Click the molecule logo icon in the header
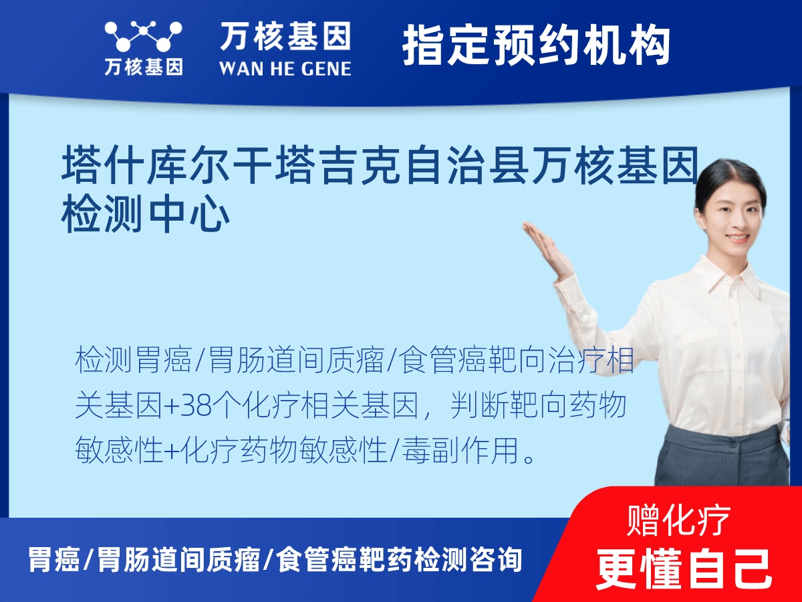pyautogui.click(x=143, y=36)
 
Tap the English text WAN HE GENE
pyautogui.click(x=285, y=68)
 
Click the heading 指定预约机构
pyautogui.click(x=536, y=45)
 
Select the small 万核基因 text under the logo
pyautogui.click(x=143, y=67)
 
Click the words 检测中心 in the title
pyautogui.click(x=146, y=215)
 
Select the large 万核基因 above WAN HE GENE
pyautogui.click(x=285, y=37)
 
